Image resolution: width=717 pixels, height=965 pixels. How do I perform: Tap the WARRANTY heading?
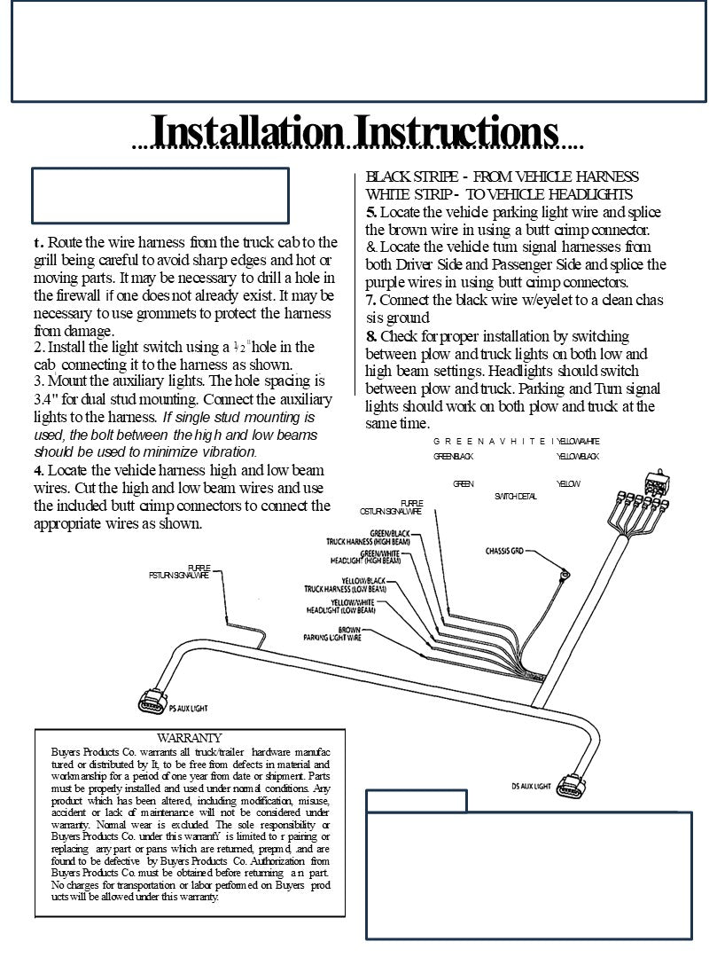pyautogui.click(x=189, y=737)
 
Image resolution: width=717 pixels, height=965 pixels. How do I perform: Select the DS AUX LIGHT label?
pyautogui.click(x=532, y=786)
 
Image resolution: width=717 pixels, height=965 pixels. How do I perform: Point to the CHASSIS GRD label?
pyautogui.click(x=504, y=551)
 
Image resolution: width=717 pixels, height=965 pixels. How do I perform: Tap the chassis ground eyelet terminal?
pyautogui.click(x=562, y=578)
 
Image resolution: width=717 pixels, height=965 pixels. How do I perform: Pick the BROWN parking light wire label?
pyautogui.click(x=332, y=633)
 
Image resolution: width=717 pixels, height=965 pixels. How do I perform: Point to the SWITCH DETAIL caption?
pyautogui.click(x=515, y=496)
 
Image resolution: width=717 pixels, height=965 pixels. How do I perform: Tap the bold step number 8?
pyautogui.click(x=370, y=336)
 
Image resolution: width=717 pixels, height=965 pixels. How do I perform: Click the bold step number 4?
pyautogui.click(x=38, y=469)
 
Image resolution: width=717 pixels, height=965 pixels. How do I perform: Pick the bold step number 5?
pyautogui.click(x=370, y=212)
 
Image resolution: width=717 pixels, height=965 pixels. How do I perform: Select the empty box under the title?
pyautogui.click(x=161, y=194)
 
